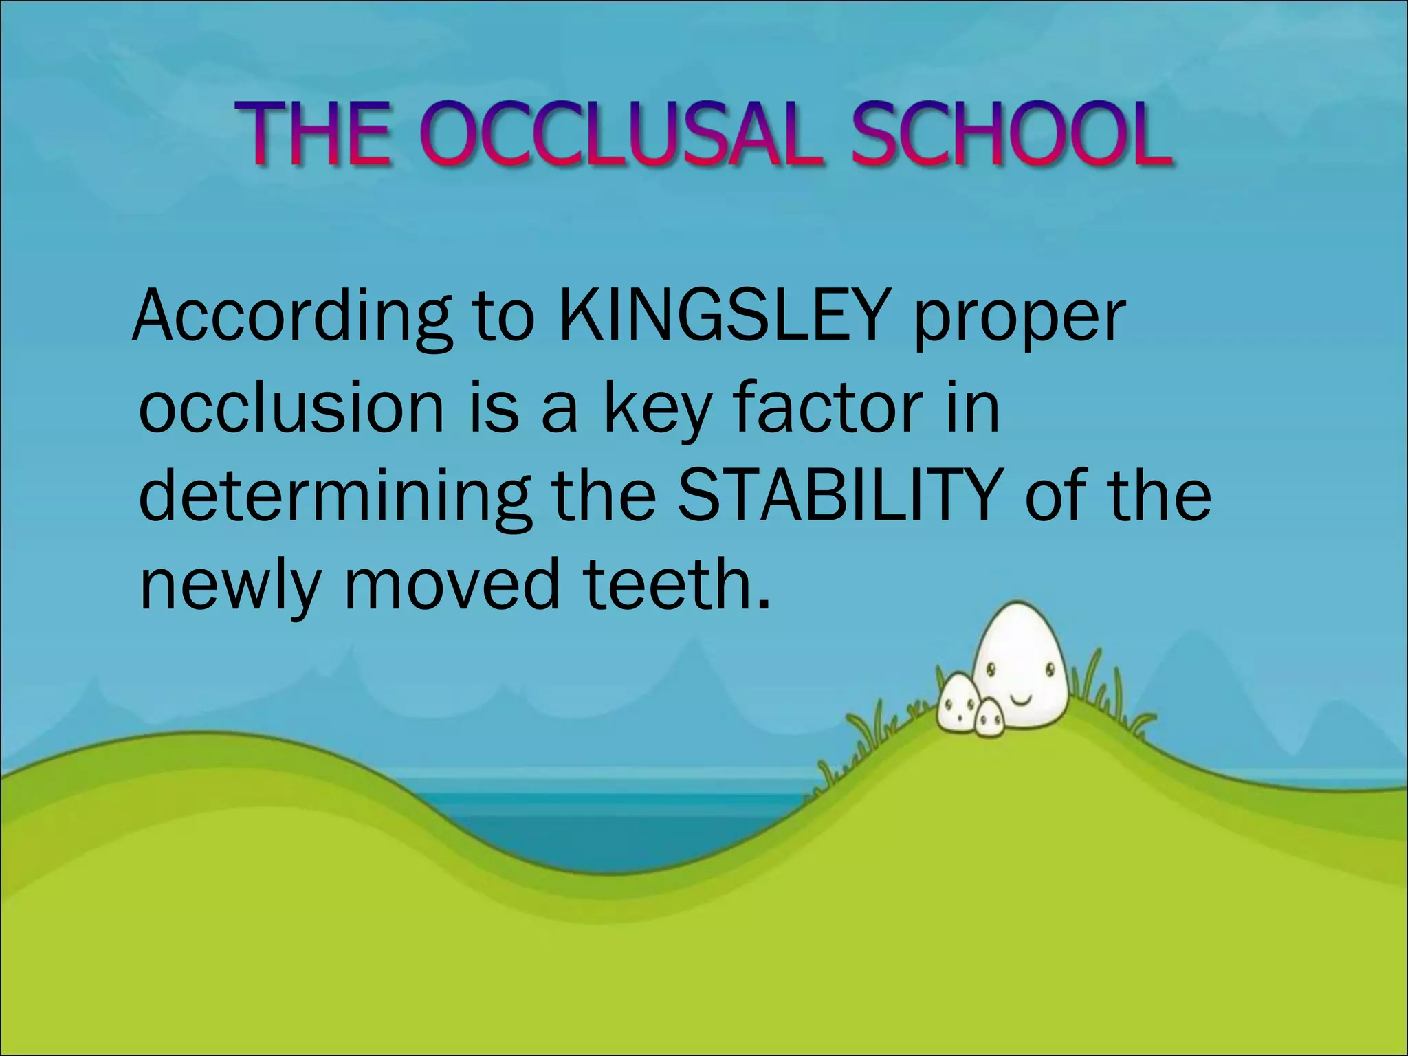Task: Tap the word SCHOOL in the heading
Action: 1011,135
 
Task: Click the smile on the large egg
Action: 1021,700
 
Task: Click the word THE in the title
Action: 313,135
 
